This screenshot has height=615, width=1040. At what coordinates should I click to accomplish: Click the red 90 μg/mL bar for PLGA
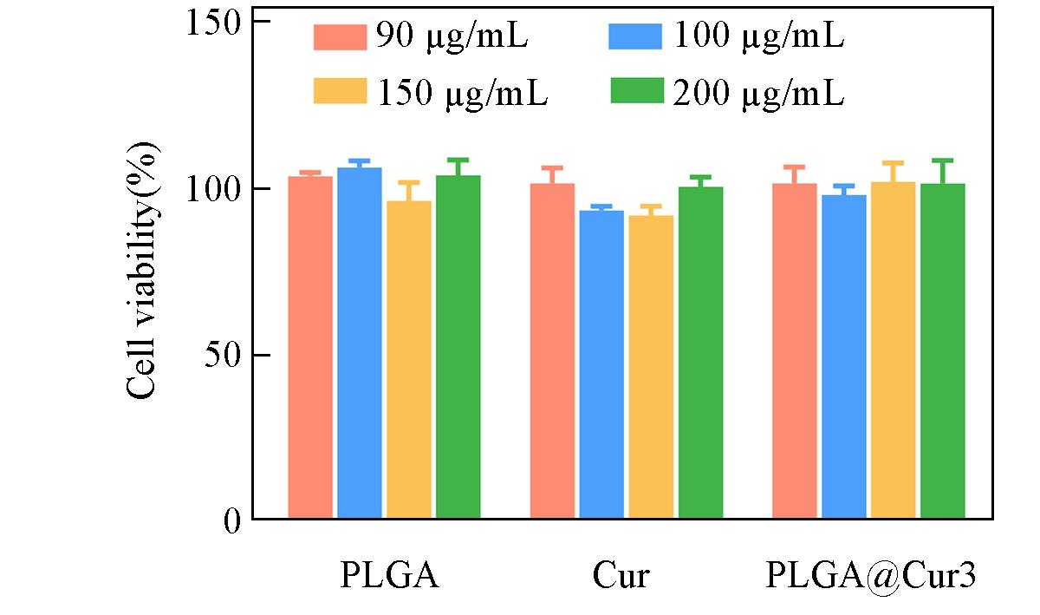click(310, 347)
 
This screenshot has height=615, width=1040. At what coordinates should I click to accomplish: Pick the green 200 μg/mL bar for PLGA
click(458, 347)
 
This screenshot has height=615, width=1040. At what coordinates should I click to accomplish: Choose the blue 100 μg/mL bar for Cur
click(601, 364)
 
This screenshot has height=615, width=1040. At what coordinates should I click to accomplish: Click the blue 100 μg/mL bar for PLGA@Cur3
click(844, 357)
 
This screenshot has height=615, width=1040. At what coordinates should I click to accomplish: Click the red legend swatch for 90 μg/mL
click(339, 37)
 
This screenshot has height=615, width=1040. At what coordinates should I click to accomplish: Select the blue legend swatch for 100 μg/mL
click(637, 37)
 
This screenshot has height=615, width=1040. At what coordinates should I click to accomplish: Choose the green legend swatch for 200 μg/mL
click(637, 91)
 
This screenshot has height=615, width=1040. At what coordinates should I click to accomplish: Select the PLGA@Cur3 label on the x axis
click(871, 576)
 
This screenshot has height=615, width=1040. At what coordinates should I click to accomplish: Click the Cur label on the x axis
click(621, 576)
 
